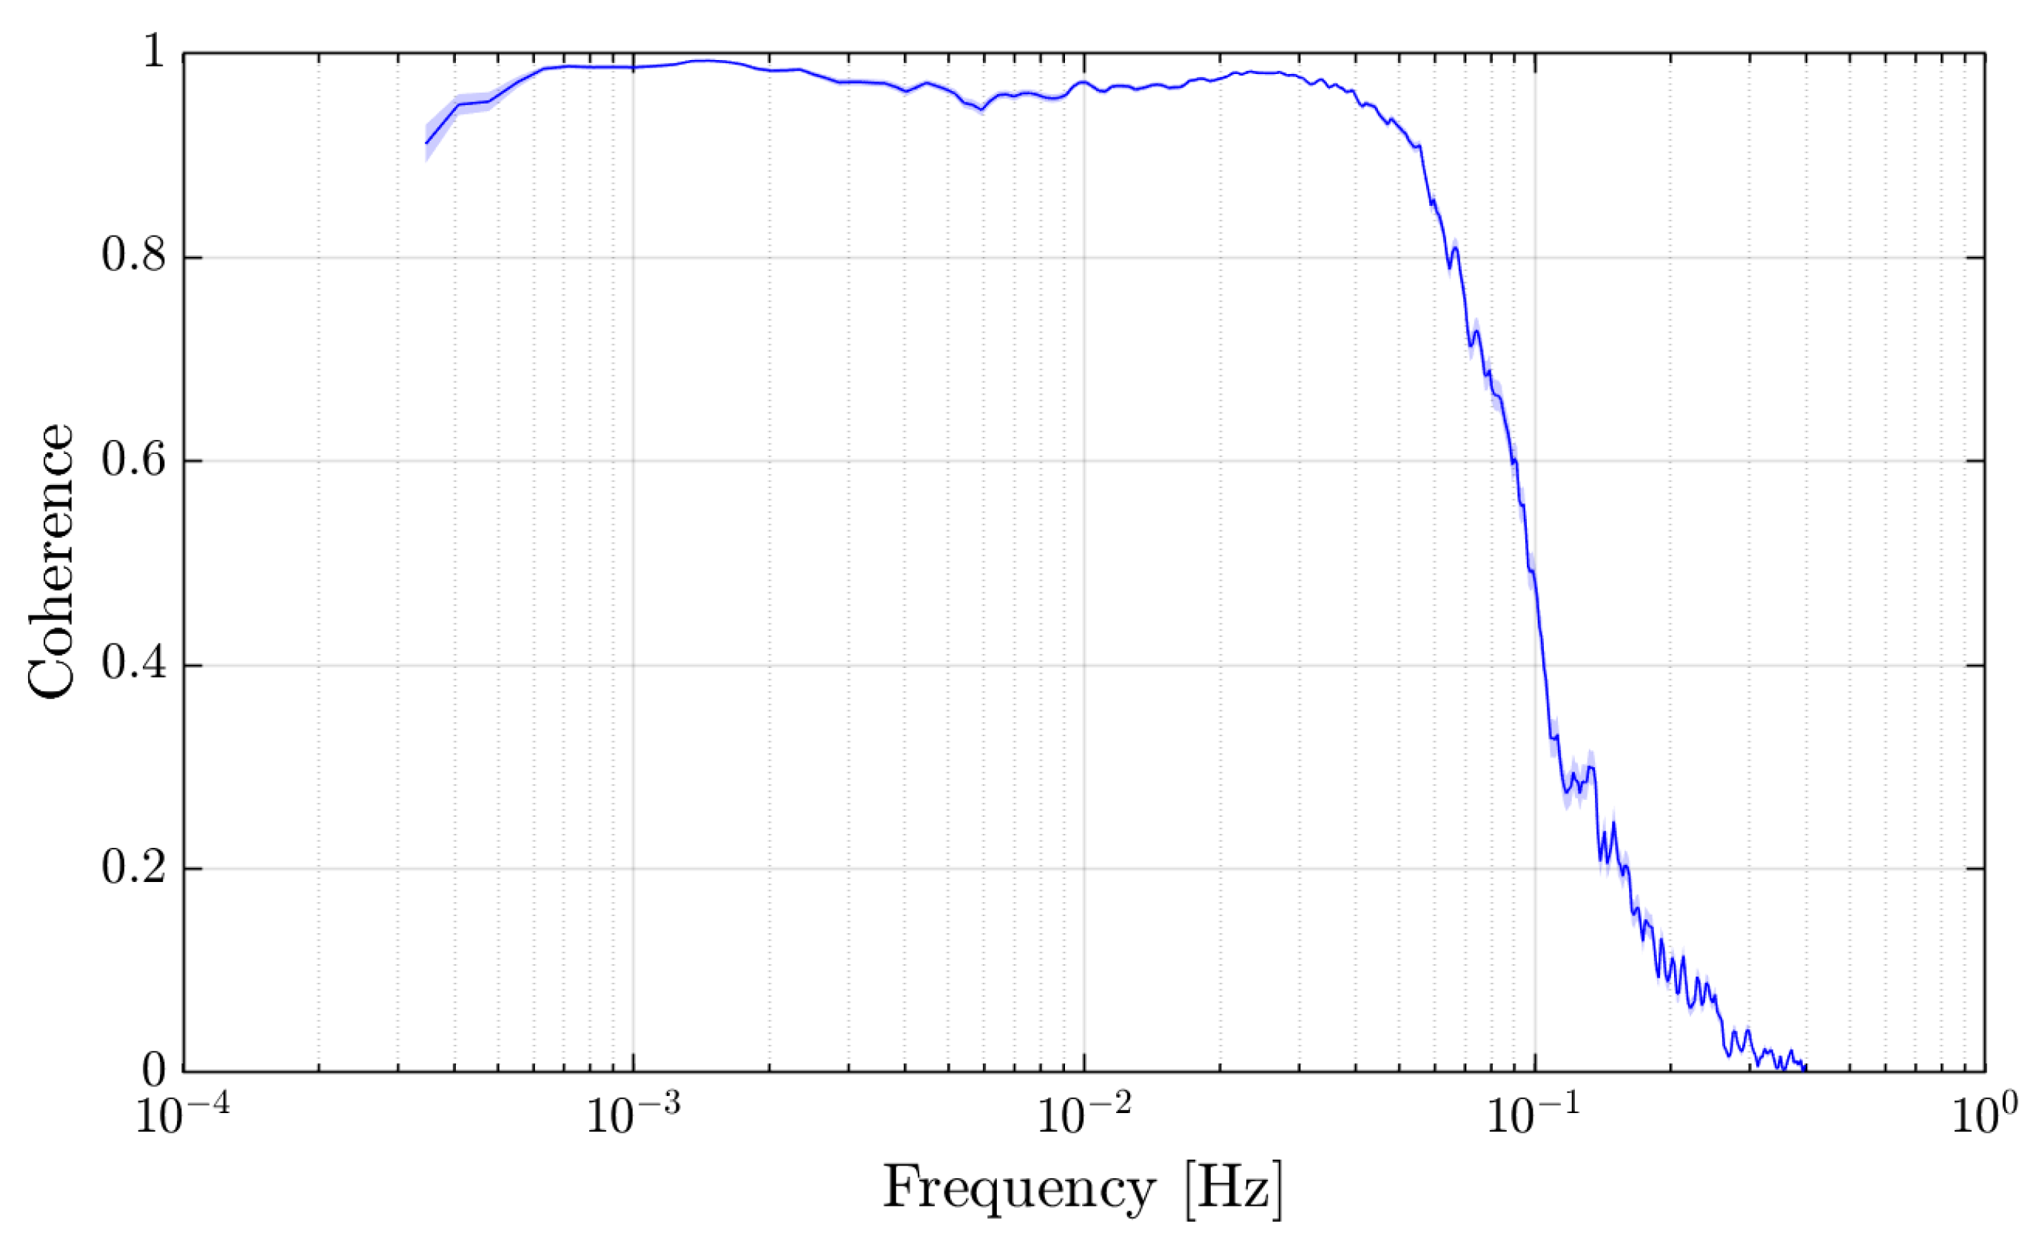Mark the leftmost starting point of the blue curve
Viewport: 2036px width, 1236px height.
(x=426, y=143)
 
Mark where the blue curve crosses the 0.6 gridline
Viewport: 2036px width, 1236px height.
(x=1516, y=461)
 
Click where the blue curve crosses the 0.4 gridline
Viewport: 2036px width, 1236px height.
(x=1542, y=666)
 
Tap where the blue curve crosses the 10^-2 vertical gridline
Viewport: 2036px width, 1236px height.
(x=1084, y=82)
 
